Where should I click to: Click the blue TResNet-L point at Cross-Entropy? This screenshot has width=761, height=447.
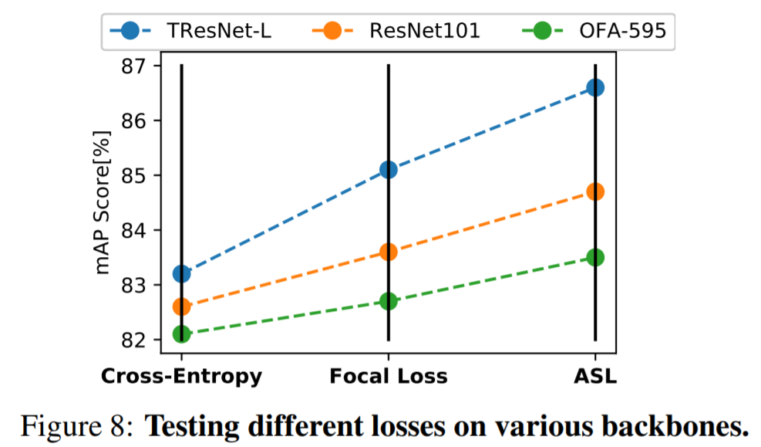pos(182,273)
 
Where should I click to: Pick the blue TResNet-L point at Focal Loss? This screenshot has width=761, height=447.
pos(389,169)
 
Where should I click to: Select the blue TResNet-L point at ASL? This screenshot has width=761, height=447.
pos(595,87)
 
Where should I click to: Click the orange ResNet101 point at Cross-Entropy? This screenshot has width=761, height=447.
pos(182,306)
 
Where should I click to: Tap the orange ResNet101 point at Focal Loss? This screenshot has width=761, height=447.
pos(389,252)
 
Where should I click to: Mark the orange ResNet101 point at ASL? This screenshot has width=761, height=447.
pos(595,191)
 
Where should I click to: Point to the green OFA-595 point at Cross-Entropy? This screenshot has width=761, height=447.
pos(182,334)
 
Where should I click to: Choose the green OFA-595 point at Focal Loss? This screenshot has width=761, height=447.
pos(389,301)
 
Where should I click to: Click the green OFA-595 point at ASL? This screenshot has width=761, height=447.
pos(595,257)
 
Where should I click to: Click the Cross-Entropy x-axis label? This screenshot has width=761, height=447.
pos(182,377)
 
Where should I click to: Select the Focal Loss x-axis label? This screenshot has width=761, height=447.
pos(389,377)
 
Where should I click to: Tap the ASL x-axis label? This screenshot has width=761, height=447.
pos(595,377)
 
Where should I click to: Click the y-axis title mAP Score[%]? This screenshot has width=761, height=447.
pos(103,202)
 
